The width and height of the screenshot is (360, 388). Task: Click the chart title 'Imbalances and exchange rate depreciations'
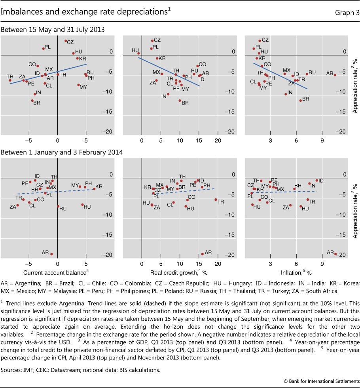tap(85, 13)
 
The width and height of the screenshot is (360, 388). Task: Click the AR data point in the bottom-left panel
tap(51, 254)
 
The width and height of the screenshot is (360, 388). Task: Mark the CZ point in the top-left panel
tap(66, 41)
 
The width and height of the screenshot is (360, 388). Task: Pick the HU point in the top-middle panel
tap(138, 53)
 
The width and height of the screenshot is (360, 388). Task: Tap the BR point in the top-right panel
tap(301, 100)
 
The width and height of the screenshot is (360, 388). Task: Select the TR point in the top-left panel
tap(10, 80)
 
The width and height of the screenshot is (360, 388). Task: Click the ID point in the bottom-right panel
tap(316, 181)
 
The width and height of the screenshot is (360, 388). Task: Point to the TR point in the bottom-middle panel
tap(216, 200)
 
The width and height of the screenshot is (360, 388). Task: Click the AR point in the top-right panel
tap(335, 75)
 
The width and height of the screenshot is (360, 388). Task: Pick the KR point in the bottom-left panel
tap(94, 189)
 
